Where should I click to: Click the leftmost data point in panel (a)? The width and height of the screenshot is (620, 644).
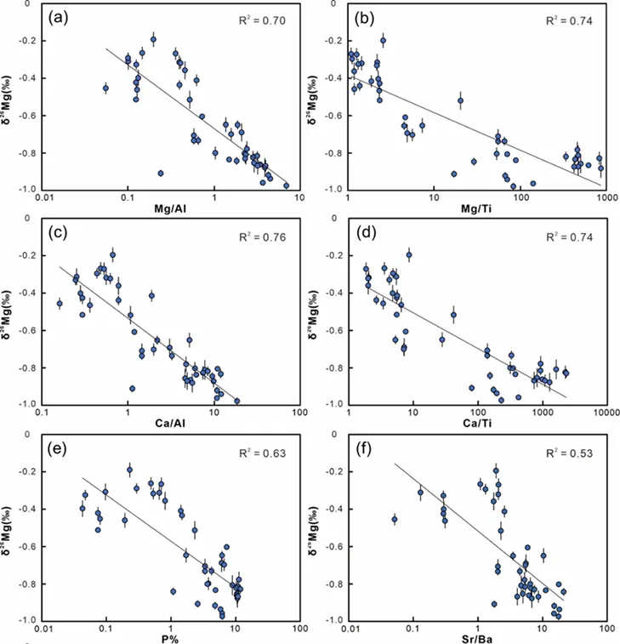point(105,88)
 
